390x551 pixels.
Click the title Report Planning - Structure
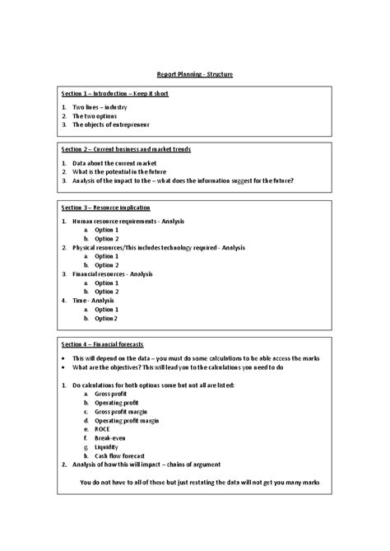(x=195, y=74)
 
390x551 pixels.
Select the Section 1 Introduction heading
(x=114, y=94)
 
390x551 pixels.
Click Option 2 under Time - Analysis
(x=106, y=318)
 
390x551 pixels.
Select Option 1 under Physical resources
(x=107, y=256)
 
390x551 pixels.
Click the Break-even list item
(x=110, y=438)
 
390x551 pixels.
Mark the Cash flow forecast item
(x=119, y=455)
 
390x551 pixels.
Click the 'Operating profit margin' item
(x=127, y=420)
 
